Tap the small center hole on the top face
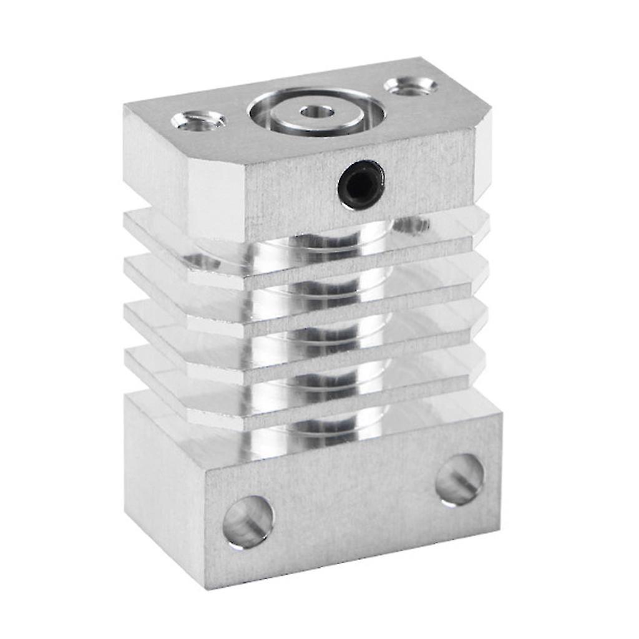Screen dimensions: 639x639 pyautogui.click(x=316, y=112)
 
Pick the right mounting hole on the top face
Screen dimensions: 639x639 pyautogui.click(x=410, y=86)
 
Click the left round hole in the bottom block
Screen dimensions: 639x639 pyautogui.click(x=248, y=522)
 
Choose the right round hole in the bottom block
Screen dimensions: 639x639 pyautogui.click(x=460, y=479)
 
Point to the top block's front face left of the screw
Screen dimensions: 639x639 pyautogui.click(x=293, y=193)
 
